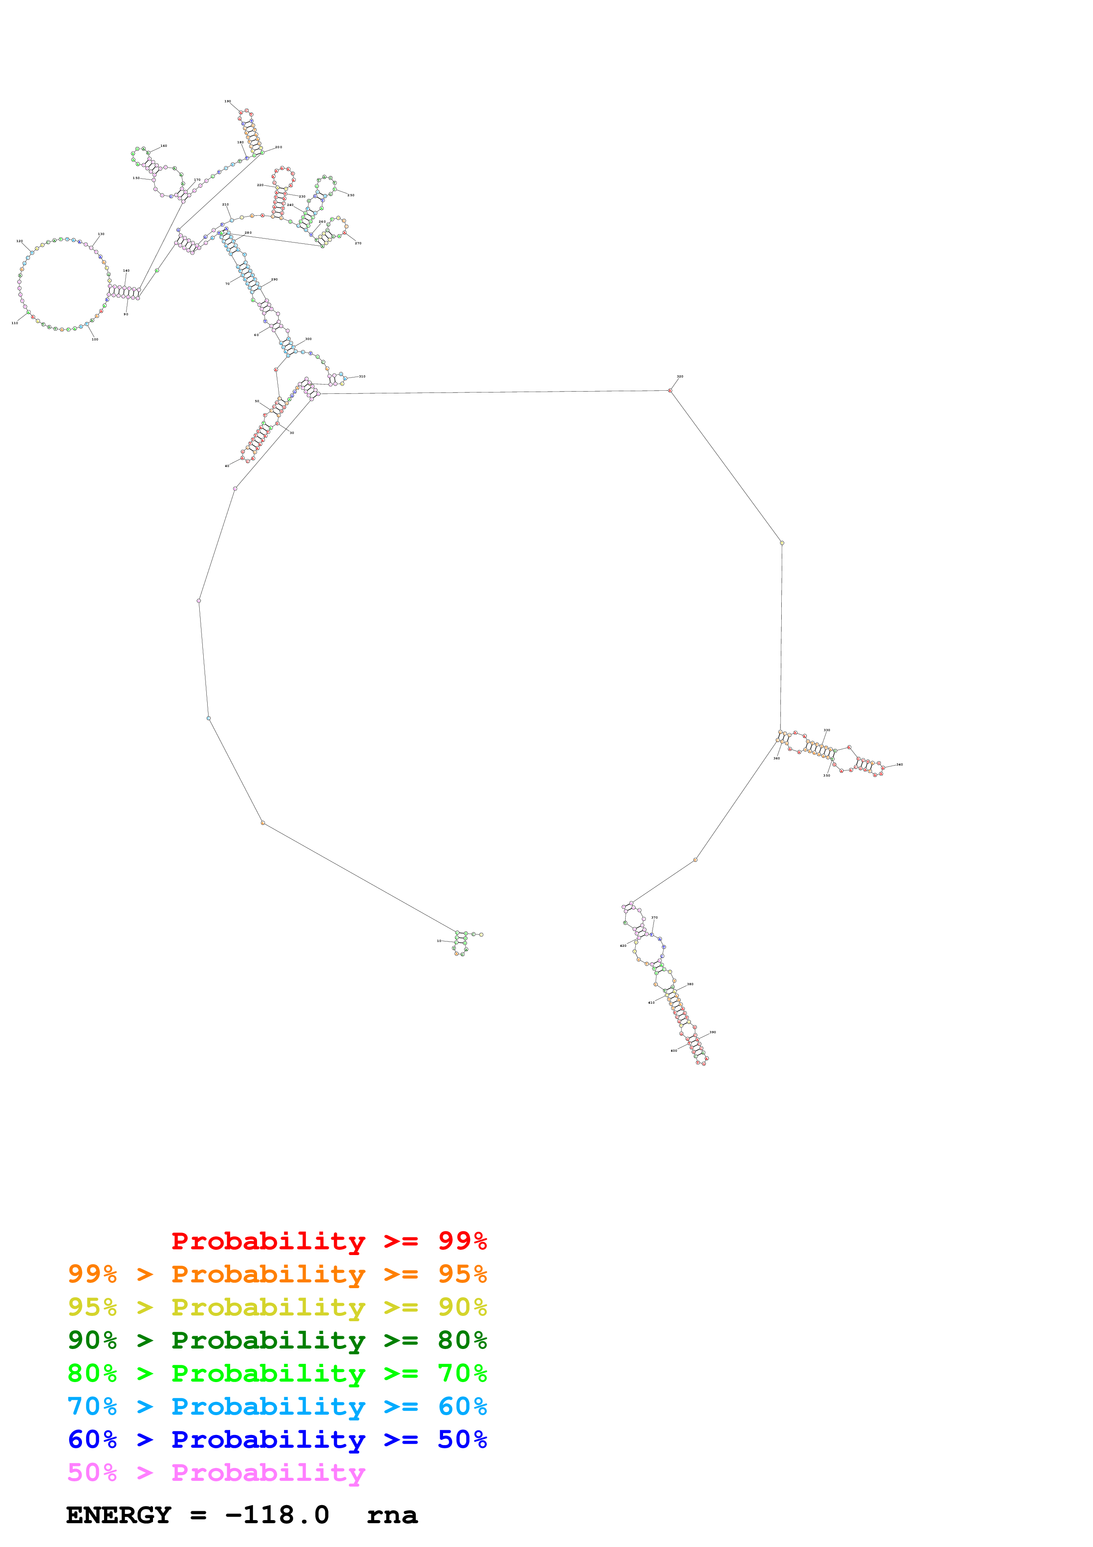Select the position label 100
[95, 340]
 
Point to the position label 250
[351, 195]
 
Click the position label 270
[358, 243]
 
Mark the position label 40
[227, 466]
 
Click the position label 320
[680, 377]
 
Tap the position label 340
[900, 765]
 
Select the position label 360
[776, 759]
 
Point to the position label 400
[673, 1050]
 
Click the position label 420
[623, 946]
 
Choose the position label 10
[439, 941]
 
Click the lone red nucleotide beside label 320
[670, 391]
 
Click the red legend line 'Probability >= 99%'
[328, 1241]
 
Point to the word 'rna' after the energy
[392, 1515]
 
